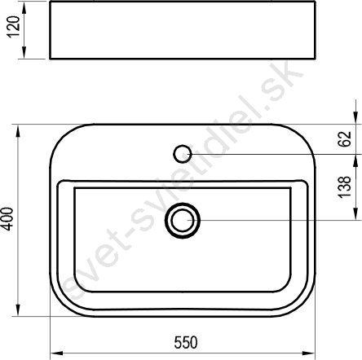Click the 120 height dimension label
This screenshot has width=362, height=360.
click(x=14, y=27)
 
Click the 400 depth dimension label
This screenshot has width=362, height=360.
click(x=7, y=219)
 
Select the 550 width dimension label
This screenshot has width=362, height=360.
click(x=186, y=343)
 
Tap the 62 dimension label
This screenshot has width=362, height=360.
click(x=345, y=139)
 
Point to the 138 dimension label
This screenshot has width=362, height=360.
click(x=345, y=187)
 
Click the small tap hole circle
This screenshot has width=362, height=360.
click(x=183, y=154)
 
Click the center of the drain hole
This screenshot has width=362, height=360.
click(x=183, y=221)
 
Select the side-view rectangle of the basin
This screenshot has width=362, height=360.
click(x=183, y=30)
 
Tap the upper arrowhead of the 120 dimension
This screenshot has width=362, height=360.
click(x=24, y=7)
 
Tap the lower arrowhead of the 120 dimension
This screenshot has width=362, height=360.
click(x=24, y=52)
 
